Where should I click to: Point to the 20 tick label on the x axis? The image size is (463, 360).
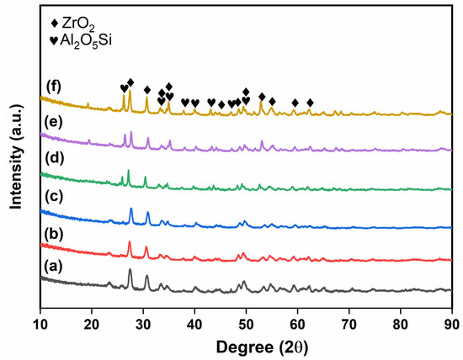click(x=92, y=320)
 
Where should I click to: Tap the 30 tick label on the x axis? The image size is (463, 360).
click(x=143, y=320)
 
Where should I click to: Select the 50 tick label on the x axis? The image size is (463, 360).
click(x=246, y=320)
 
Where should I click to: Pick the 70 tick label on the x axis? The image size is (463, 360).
click(x=349, y=320)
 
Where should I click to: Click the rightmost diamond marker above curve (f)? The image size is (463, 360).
click(x=310, y=103)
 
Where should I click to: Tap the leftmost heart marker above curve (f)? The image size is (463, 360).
click(x=124, y=87)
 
